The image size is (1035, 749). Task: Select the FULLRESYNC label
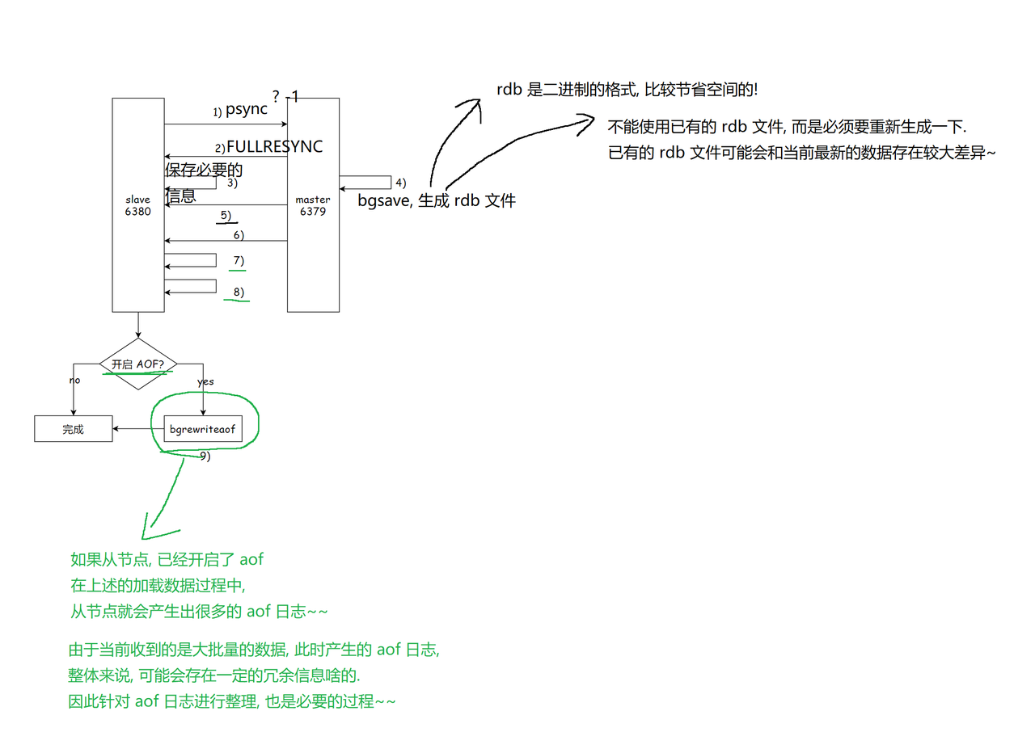274,146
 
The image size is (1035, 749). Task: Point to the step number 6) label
238,235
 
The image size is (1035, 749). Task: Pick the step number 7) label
238,260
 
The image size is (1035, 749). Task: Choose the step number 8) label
238,292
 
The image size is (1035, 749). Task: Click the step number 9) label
205,456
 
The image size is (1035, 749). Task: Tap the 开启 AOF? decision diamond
137,364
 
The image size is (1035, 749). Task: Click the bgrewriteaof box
202,429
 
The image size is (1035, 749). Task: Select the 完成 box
73,429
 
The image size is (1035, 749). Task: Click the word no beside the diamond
75,380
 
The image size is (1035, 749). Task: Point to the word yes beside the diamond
205,381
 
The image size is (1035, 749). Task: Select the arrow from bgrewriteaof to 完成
137,429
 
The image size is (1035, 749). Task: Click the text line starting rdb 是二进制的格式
627,90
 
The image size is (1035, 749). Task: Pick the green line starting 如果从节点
167,559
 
